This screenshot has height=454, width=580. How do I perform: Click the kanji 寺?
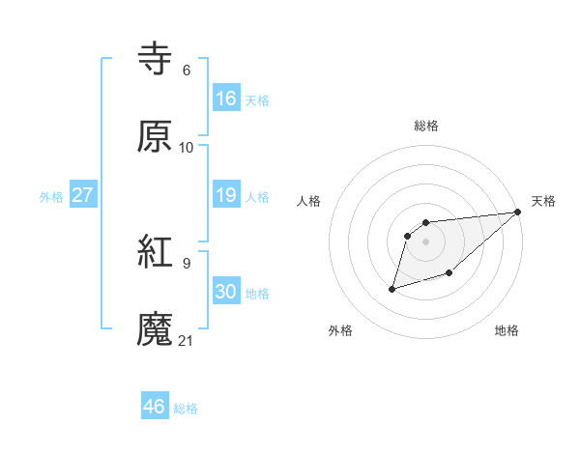pos(155,59)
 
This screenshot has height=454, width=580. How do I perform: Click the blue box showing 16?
pos(226,99)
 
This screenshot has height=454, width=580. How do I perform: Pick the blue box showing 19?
pos(226,195)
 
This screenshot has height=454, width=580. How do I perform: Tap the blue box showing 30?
pos(226,292)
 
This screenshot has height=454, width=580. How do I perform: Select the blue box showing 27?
pos(83,195)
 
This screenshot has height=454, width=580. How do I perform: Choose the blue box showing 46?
pos(155,407)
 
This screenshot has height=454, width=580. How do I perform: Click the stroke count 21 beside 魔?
pos(187,341)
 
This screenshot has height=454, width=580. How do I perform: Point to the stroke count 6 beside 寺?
pos(186,70)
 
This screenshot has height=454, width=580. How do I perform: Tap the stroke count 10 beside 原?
pos(187,147)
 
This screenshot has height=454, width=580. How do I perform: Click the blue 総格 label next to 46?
pos(187,409)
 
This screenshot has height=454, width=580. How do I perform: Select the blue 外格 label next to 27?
pos(51,197)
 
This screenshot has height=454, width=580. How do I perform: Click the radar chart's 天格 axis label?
pos(544,201)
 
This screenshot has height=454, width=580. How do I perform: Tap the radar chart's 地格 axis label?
pos(507,331)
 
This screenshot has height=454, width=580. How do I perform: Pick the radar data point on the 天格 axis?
pos(518,213)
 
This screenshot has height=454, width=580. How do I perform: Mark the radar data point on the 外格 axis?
pos(392,288)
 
